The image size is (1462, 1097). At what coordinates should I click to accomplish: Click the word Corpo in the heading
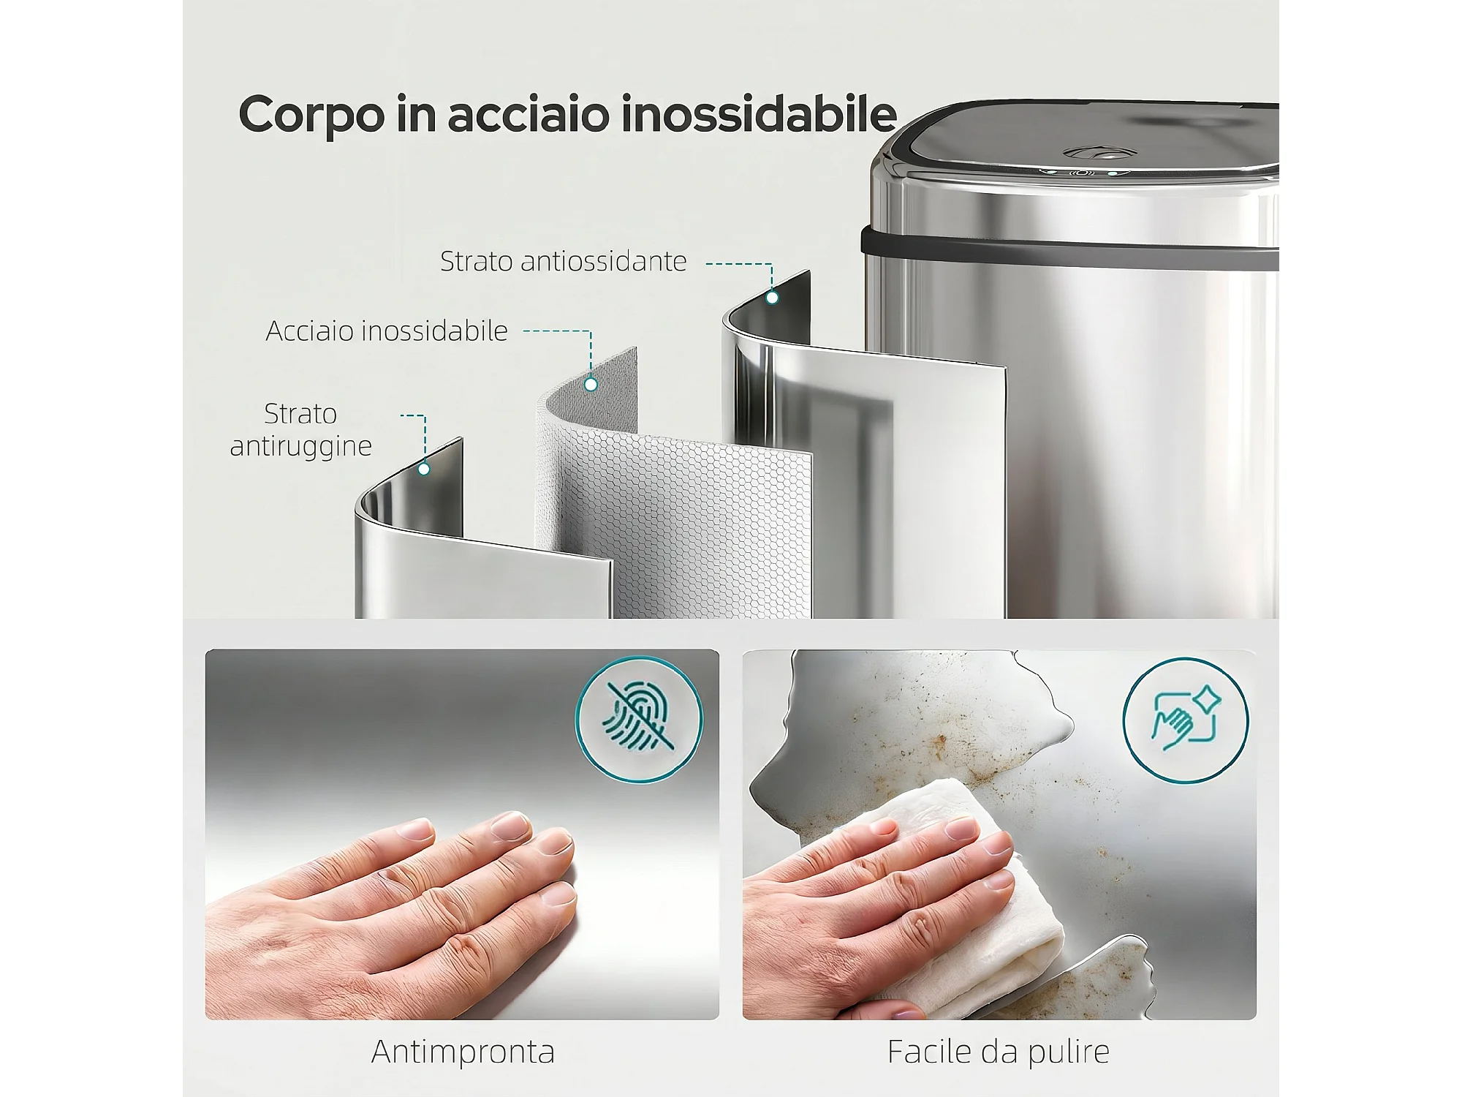tap(311, 116)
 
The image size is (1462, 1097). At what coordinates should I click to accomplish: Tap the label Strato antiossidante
tap(563, 261)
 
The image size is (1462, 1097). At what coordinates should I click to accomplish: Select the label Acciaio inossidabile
tap(387, 331)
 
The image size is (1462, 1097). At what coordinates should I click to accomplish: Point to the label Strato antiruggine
tap(301, 429)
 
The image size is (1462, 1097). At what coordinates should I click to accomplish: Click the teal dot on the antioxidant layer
tap(772, 298)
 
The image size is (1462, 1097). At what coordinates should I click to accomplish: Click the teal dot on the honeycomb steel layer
tap(591, 383)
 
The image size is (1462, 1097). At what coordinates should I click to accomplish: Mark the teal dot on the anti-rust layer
tap(424, 469)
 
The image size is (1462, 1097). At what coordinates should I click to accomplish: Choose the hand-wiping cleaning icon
tap(1186, 720)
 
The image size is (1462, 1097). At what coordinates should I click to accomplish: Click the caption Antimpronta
tap(463, 1052)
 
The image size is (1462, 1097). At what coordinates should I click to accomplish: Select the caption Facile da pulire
tap(999, 1052)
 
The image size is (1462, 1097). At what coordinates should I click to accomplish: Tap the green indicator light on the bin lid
tap(1112, 175)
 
